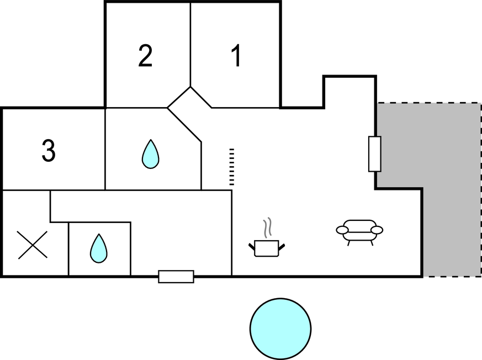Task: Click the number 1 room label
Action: point(236,56)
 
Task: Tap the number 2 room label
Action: point(145,56)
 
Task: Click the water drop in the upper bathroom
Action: point(150,154)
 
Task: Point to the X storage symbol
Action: point(33,245)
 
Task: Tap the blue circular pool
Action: point(280,327)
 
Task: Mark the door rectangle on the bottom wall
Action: point(176,276)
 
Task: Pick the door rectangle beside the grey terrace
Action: point(375,153)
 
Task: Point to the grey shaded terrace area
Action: point(436,166)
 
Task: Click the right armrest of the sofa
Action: point(377,230)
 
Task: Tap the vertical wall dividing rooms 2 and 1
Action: point(190,44)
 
